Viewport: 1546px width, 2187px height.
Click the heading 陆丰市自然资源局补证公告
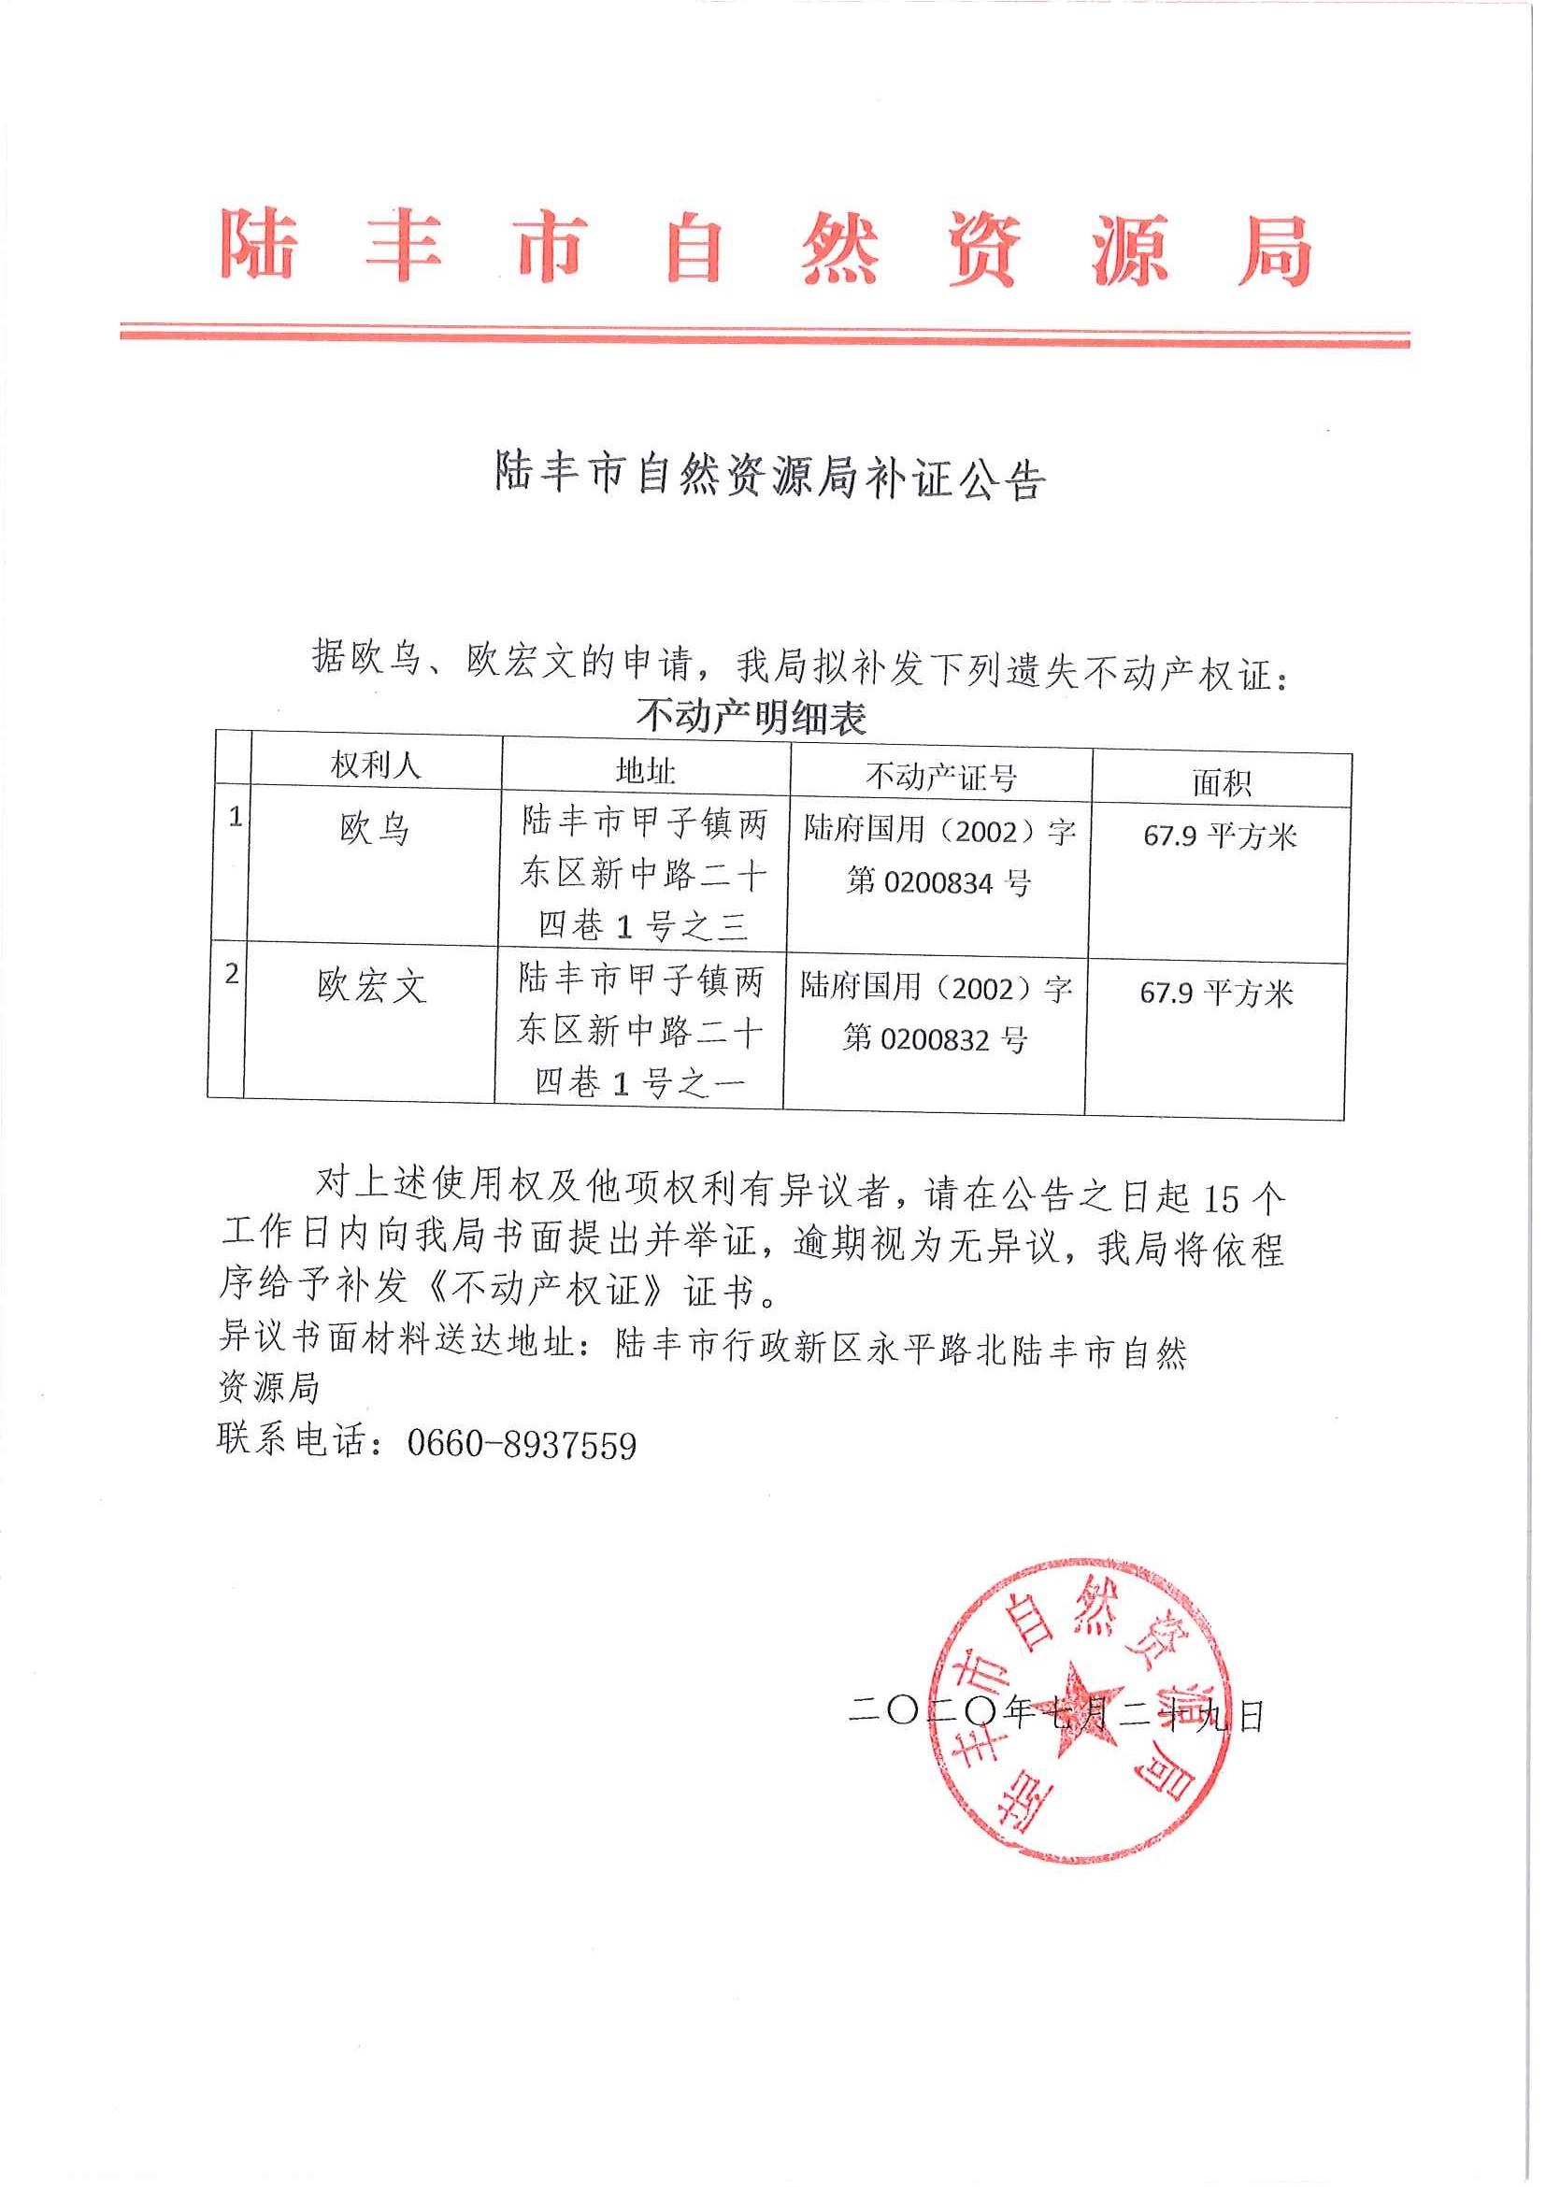click(769, 475)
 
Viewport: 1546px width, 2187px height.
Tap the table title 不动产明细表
click(752, 717)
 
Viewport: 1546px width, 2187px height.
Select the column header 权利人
click(376, 764)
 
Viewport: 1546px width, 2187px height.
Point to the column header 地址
click(645, 769)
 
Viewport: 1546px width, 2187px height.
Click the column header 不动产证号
click(940, 778)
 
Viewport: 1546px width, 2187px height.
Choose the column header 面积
click(1221, 783)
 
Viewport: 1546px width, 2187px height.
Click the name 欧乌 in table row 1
click(375, 830)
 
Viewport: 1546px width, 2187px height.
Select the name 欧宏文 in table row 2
click(370, 986)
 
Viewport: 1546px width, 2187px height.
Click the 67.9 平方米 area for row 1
click(1220, 836)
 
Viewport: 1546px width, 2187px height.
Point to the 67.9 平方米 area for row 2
click(1216, 993)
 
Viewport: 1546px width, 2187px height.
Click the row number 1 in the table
click(236, 816)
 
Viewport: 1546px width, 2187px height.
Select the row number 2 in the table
click(232, 974)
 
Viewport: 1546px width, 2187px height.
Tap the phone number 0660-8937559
click(521, 1445)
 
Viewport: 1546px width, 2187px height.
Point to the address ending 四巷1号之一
click(639, 1082)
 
